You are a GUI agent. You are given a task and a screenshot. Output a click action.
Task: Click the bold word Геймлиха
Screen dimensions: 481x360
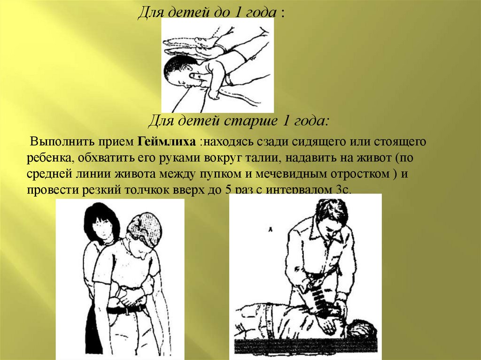click(x=167, y=142)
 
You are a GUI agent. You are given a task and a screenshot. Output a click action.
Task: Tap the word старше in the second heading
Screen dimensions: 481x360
click(x=250, y=121)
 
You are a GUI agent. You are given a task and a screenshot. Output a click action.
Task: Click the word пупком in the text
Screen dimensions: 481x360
click(x=221, y=174)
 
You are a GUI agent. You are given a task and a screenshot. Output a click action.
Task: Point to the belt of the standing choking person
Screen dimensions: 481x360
click(x=126, y=310)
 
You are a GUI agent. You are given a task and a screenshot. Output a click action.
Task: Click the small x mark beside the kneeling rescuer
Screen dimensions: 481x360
click(x=270, y=229)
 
